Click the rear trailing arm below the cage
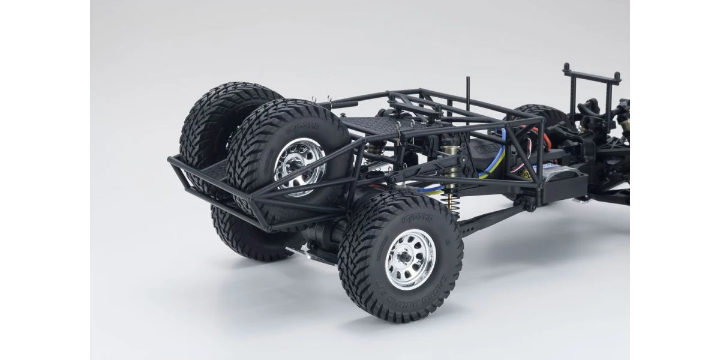click(x=492, y=219)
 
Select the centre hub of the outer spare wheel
click(x=298, y=170)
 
